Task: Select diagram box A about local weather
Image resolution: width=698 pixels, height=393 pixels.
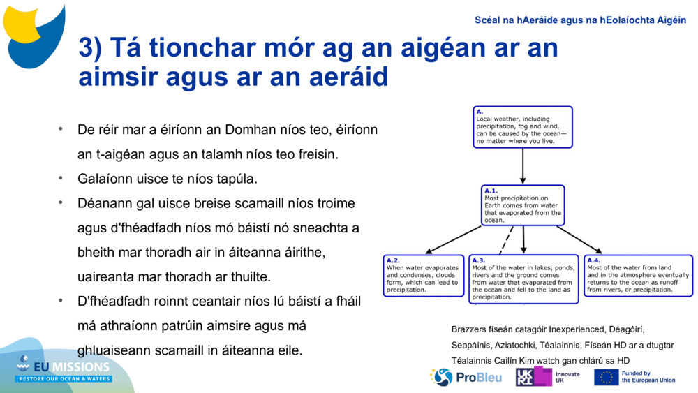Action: tap(522, 126)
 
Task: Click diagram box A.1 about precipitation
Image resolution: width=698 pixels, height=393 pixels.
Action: tap(523, 205)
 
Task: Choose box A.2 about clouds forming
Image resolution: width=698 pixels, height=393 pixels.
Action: tap(423, 275)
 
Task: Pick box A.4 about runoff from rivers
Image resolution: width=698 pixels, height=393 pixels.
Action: tap(638, 275)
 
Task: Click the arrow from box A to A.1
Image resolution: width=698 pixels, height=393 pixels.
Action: tap(523, 166)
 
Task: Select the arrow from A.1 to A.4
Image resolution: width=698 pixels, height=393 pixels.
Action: tap(579, 239)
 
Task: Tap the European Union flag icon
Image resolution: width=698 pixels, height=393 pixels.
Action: tap(606, 377)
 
